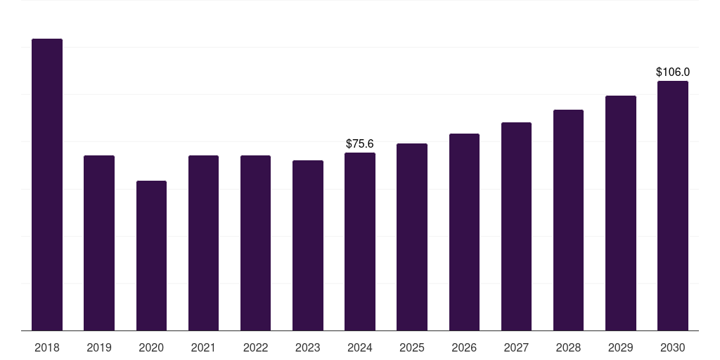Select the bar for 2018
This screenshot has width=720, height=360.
(47, 185)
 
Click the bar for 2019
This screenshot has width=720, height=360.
(99, 243)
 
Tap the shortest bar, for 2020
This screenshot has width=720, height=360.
(152, 256)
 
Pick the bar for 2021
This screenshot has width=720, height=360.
(203, 243)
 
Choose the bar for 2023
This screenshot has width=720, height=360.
(308, 245)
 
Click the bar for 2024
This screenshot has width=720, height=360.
(360, 242)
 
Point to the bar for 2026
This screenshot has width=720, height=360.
(464, 232)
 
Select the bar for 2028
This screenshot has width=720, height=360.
(568, 220)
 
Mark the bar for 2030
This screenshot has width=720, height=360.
(673, 206)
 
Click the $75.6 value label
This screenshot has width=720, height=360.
(360, 143)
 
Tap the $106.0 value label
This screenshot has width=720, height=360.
(673, 72)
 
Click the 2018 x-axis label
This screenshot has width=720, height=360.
(47, 347)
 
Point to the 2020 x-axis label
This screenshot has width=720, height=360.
(152, 347)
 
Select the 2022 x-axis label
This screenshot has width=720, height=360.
(256, 347)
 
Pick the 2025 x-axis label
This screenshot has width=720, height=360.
(412, 347)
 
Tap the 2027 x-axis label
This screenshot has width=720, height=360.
(516, 347)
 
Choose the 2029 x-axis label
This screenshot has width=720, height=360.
(621, 347)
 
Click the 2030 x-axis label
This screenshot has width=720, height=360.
(673, 347)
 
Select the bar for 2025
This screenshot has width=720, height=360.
(412, 238)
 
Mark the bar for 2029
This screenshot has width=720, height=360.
(621, 214)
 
